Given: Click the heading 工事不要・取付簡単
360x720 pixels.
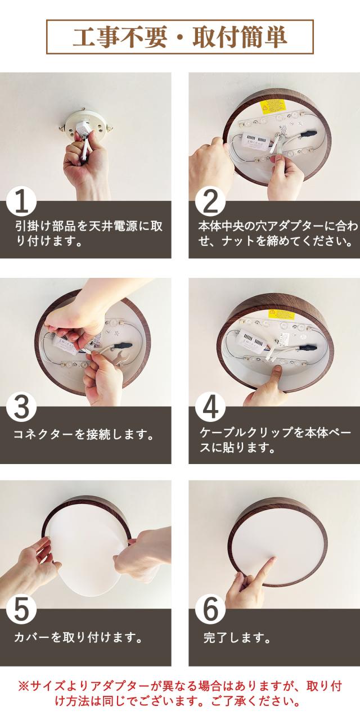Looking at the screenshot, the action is click(179, 37).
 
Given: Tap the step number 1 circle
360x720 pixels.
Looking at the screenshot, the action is click(21, 202).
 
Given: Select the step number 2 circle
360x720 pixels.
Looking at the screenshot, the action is click(210, 202).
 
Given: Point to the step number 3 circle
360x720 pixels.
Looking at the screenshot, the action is click(21, 408).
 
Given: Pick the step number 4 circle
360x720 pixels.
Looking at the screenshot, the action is click(210, 408).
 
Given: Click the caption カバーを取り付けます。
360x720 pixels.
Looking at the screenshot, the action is click(78, 637).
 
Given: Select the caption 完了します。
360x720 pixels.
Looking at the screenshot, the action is click(237, 637).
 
